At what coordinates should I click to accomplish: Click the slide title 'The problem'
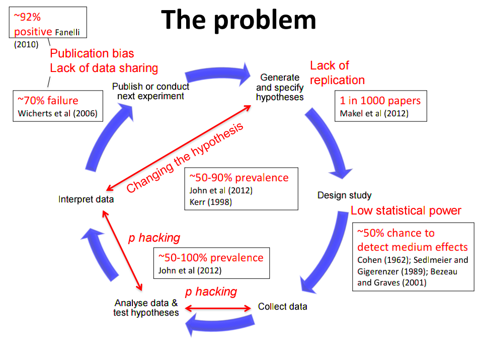[239, 20]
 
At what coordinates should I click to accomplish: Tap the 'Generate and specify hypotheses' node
[280, 87]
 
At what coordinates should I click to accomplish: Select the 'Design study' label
[344, 195]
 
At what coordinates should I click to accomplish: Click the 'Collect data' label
[282, 306]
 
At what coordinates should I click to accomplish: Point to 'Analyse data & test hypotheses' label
[146, 308]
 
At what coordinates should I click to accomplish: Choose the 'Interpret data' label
[86, 199]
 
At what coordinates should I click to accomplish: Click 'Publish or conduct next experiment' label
[150, 91]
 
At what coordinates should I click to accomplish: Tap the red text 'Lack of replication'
[337, 73]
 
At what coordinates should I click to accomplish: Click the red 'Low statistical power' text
[406, 210]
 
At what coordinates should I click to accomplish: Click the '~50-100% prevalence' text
[210, 258]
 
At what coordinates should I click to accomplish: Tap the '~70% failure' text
[48, 100]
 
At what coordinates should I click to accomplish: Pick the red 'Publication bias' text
[92, 53]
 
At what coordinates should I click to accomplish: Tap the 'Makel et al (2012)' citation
[374, 113]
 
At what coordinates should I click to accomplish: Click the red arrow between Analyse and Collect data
[218, 308]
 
